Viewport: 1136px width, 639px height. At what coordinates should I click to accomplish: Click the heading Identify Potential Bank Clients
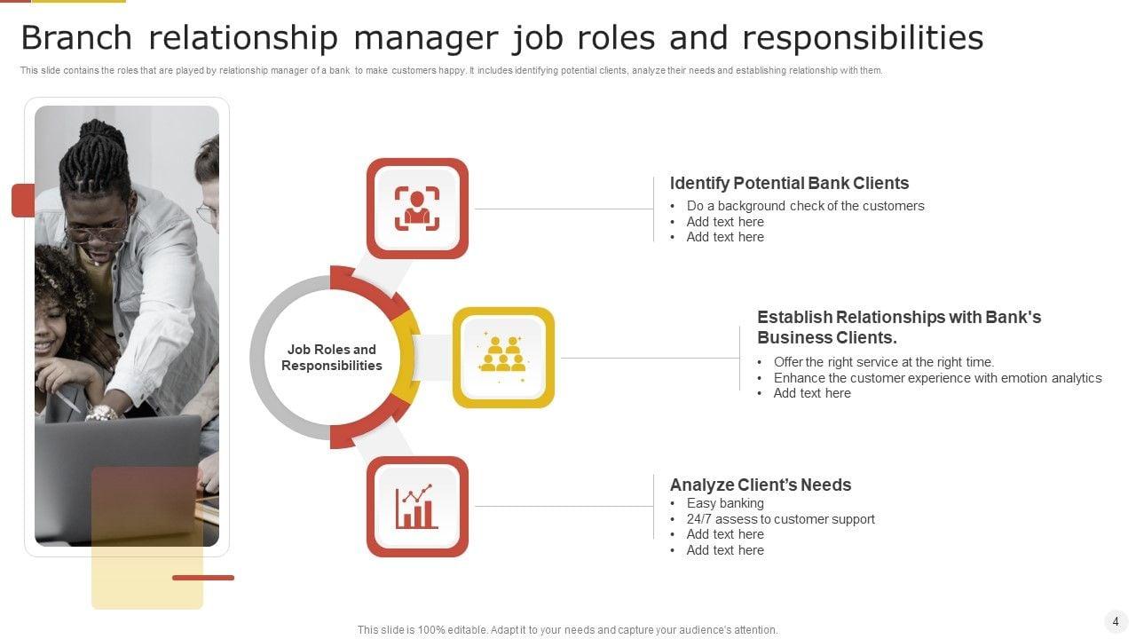click(789, 184)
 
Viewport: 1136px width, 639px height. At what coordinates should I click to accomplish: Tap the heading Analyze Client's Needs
click(760, 485)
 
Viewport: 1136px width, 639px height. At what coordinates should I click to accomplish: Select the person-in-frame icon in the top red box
click(417, 209)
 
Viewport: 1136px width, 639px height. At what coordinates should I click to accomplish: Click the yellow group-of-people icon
click(503, 357)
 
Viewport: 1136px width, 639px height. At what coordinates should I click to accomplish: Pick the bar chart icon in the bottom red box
click(417, 507)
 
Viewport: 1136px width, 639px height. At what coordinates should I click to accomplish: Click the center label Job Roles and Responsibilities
click(331, 358)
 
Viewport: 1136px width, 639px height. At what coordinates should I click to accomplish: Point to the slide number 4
click(1116, 621)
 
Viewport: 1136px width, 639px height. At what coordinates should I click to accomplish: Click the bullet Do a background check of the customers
click(805, 206)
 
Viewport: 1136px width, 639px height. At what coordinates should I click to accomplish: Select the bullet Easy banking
click(725, 503)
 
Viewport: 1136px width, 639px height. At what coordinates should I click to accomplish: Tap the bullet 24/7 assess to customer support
click(780, 519)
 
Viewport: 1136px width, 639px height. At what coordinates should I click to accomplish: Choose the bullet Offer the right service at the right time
click(883, 362)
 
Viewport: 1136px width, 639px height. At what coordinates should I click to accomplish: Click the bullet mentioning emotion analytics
click(937, 378)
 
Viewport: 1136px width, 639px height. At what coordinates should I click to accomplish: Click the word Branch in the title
click(75, 38)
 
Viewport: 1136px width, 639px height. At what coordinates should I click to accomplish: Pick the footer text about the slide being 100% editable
click(567, 630)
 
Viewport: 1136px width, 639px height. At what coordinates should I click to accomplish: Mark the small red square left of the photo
click(23, 201)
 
